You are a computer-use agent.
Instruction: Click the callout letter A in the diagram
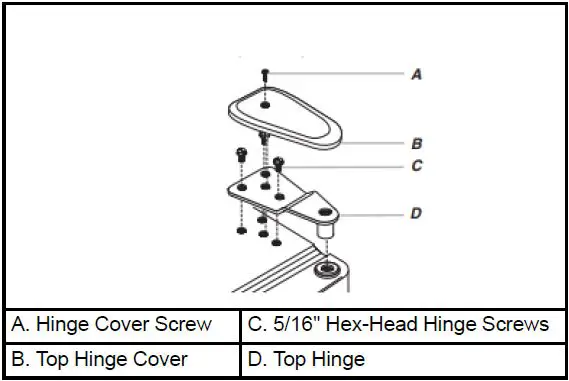click(415, 74)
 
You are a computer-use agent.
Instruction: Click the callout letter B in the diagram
click(417, 143)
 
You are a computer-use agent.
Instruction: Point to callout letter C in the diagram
click(416, 166)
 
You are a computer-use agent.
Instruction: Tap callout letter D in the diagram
click(416, 213)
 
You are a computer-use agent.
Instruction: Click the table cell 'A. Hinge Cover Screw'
click(122, 324)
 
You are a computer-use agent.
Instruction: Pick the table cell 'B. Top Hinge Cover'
click(122, 358)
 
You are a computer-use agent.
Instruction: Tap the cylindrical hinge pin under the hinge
click(325, 232)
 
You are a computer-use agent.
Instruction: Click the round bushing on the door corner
click(326, 270)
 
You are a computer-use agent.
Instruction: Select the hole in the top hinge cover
click(265, 103)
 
